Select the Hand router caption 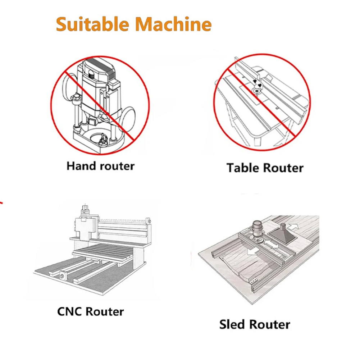pyautogui.click(x=100, y=166)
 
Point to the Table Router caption pyautogui.click(x=265, y=168)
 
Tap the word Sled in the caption pyautogui.click(x=233, y=324)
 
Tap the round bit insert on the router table pyautogui.click(x=257, y=92)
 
